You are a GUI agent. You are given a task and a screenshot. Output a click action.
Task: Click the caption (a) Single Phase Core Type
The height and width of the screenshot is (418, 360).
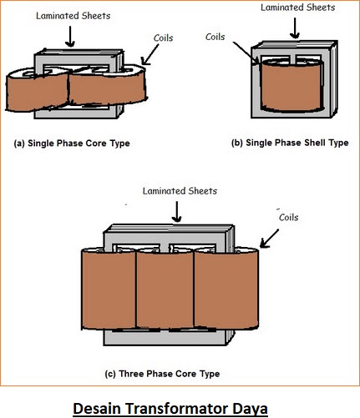(x=72, y=144)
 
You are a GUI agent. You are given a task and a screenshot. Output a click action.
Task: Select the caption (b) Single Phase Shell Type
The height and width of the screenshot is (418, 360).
(x=290, y=143)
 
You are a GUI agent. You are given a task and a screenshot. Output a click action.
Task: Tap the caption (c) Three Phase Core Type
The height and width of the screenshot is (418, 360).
(x=162, y=374)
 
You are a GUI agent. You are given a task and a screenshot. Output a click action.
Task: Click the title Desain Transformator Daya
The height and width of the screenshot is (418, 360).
(x=170, y=409)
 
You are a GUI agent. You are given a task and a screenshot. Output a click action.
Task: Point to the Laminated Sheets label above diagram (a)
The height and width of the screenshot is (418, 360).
(x=74, y=16)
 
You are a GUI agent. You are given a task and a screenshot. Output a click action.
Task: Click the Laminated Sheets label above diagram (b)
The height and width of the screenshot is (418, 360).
(x=298, y=8)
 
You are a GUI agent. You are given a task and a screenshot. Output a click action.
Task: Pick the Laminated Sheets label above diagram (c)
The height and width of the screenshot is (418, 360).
(x=180, y=191)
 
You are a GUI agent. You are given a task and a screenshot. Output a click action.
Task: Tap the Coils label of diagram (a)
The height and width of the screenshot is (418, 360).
(x=164, y=38)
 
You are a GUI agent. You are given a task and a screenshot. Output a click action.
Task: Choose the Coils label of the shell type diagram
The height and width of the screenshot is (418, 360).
(x=215, y=37)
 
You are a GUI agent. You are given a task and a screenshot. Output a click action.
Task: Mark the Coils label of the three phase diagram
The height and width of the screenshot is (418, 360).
(x=289, y=217)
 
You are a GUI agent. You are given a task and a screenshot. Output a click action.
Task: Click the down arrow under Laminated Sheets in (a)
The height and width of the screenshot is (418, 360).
(x=70, y=37)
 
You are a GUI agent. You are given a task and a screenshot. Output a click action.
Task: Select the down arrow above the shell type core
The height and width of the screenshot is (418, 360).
(x=295, y=28)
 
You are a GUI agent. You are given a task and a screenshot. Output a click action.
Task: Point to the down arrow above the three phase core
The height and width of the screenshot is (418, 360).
(x=177, y=212)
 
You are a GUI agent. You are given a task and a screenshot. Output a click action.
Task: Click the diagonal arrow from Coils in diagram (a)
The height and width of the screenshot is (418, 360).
(x=150, y=54)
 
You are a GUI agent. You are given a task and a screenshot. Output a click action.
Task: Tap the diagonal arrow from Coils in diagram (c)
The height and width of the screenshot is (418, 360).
(x=269, y=239)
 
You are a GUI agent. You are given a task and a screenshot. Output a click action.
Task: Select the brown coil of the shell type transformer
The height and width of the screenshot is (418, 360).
(x=292, y=86)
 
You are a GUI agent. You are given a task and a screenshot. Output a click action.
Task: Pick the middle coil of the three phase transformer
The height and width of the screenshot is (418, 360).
(x=165, y=290)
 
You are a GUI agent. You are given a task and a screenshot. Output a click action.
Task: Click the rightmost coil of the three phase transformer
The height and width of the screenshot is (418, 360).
(x=226, y=289)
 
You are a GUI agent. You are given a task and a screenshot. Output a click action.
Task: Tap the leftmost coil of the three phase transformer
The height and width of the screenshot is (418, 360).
(x=109, y=289)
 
